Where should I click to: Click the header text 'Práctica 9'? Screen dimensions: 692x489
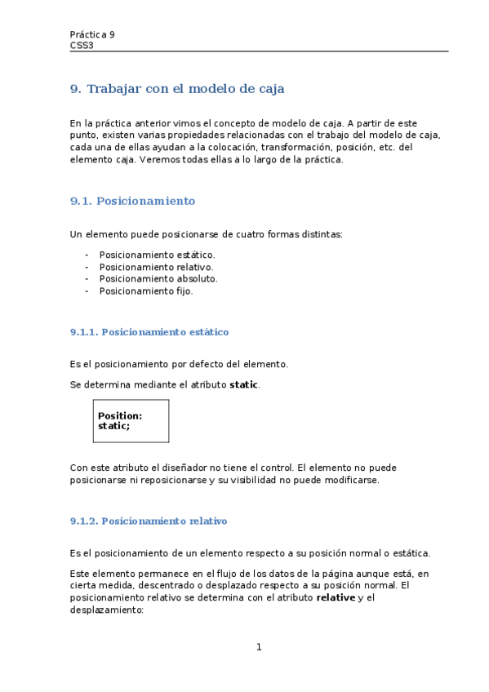coord(92,34)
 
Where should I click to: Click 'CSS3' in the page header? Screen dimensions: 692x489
coord(82,46)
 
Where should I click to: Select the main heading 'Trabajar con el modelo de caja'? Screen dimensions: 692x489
coord(185,88)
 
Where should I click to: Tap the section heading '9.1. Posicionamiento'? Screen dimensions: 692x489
coord(133,201)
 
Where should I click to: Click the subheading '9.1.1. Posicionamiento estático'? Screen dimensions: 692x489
coord(149,332)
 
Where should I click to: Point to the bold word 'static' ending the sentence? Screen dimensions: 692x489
coord(244,384)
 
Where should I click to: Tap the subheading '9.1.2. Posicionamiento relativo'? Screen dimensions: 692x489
coord(149,521)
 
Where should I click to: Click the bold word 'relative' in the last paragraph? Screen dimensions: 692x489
coord(336,597)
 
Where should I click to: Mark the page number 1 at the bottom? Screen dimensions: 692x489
coord(259,648)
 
